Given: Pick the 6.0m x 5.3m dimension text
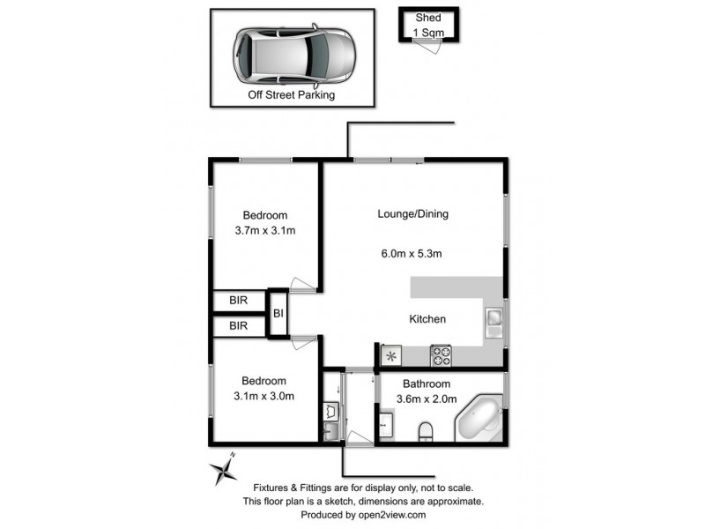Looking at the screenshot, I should click(411, 254).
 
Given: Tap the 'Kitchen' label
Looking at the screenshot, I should click(427, 319).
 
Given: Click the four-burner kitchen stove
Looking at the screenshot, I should click(440, 355).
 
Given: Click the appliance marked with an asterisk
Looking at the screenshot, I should click(390, 355).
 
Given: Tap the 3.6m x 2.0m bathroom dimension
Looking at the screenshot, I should click(427, 399).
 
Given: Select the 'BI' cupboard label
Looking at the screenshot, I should click(278, 313).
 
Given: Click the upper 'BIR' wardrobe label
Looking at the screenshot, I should click(239, 301).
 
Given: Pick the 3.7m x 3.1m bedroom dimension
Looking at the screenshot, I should click(264, 232).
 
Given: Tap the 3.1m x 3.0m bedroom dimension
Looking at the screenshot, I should click(264, 396).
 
